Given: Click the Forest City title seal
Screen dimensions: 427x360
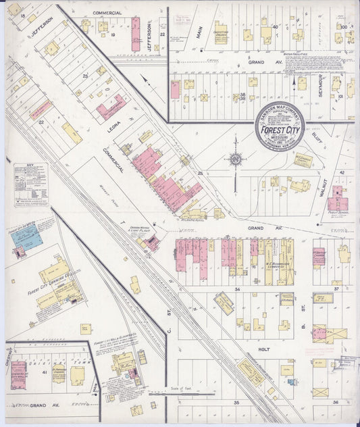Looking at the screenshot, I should coord(280,126).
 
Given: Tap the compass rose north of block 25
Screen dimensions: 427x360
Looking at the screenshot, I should coord(236,159).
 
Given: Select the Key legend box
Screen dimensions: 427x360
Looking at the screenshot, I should coord(31,184).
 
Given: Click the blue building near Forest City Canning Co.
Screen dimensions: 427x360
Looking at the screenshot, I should coord(28,237).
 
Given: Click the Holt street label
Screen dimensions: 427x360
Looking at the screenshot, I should coord(264,350).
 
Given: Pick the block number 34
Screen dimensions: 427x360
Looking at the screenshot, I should coord(237,289).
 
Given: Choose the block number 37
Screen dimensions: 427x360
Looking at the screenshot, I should coord(336,289).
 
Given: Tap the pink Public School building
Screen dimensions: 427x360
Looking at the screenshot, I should coord(337,203).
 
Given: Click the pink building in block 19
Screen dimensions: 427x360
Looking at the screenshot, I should coord(135,34).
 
